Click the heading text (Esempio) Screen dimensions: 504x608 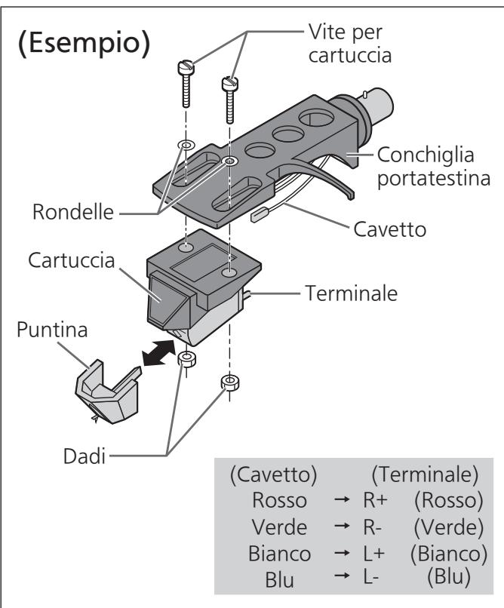click(x=85, y=42)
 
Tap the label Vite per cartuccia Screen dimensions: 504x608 click(x=349, y=43)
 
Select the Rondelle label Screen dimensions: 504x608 click(x=73, y=212)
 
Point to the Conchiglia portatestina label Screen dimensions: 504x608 click(x=434, y=167)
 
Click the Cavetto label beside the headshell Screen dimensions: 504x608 click(x=389, y=229)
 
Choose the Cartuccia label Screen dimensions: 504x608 click(x=72, y=259)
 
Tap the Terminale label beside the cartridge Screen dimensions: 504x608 click(x=352, y=293)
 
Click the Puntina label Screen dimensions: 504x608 click(x=52, y=330)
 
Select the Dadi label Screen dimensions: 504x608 click(x=85, y=456)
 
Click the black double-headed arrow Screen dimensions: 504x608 click(x=158, y=352)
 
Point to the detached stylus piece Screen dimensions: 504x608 click(x=107, y=392)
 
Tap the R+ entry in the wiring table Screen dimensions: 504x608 click(x=375, y=500)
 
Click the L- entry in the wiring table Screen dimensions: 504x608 click(x=370, y=577)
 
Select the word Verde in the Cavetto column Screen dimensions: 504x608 click(x=279, y=527)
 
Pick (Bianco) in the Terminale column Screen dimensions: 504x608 click(x=449, y=554)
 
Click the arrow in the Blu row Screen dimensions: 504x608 click(x=342, y=576)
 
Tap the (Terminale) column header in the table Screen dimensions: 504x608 click(x=425, y=474)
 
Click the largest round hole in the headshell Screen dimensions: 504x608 click(x=316, y=118)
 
